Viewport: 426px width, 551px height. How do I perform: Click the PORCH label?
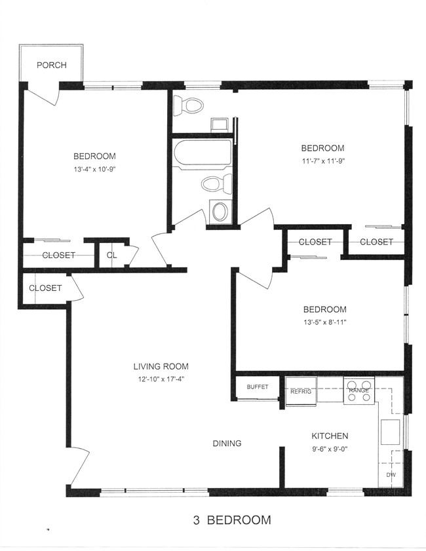(x=52, y=65)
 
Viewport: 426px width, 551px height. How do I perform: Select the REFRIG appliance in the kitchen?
(x=301, y=391)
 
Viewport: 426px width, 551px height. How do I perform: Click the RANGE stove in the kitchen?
(x=359, y=390)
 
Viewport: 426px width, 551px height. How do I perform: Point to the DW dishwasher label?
(x=391, y=475)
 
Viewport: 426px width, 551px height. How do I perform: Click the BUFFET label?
(x=258, y=387)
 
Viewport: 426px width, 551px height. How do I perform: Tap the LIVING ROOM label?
(x=161, y=366)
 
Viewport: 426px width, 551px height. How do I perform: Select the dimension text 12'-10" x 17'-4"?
(x=161, y=379)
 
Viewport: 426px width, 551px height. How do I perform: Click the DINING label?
(x=227, y=444)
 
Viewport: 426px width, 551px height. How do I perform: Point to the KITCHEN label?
(x=330, y=436)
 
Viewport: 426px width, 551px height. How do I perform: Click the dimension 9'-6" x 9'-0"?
(x=330, y=448)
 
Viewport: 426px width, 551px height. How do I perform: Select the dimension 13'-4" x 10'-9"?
(x=94, y=169)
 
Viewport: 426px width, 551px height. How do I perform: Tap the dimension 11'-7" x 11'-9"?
(x=322, y=161)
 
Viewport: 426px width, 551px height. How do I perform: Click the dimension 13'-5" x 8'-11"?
(x=325, y=322)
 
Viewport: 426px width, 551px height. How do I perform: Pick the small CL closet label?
(x=112, y=255)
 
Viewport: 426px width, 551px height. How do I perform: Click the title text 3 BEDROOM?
(x=232, y=520)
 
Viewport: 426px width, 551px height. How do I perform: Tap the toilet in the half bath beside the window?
(x=188, y=105)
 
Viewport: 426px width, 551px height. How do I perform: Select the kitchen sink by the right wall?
(x=391, y=432)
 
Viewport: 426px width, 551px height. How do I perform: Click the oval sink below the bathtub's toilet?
(x=220, y=211)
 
